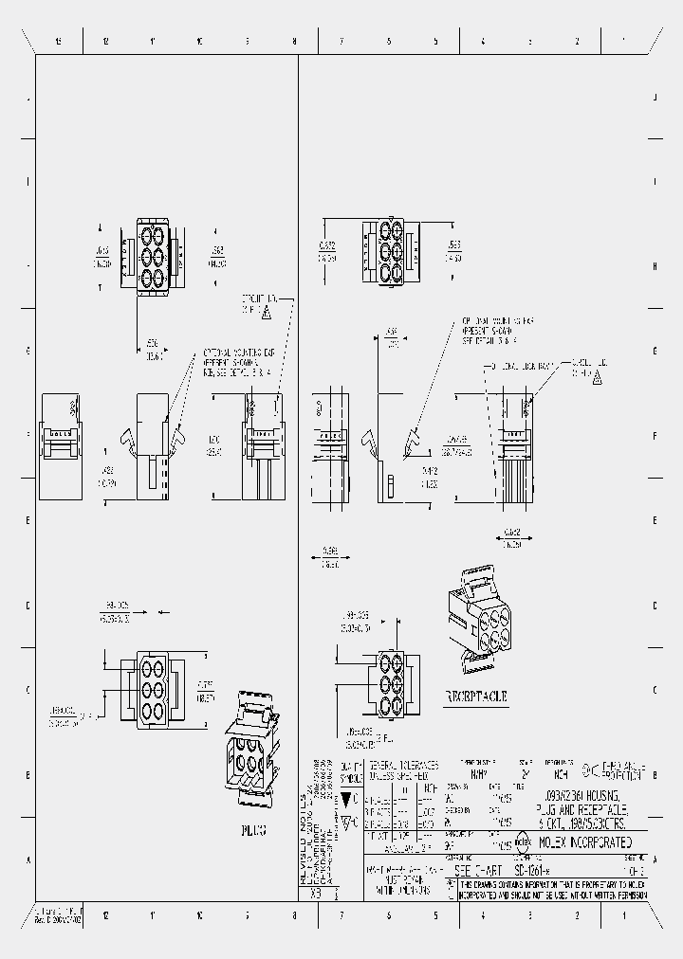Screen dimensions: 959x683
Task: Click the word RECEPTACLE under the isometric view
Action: point(476,696)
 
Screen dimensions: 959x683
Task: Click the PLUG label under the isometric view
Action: point(251,827)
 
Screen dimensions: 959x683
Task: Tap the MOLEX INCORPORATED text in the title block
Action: point(584,842)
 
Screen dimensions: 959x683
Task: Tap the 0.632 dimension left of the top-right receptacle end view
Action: point(325,249)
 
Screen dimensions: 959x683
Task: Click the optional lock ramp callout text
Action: point(520,366)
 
